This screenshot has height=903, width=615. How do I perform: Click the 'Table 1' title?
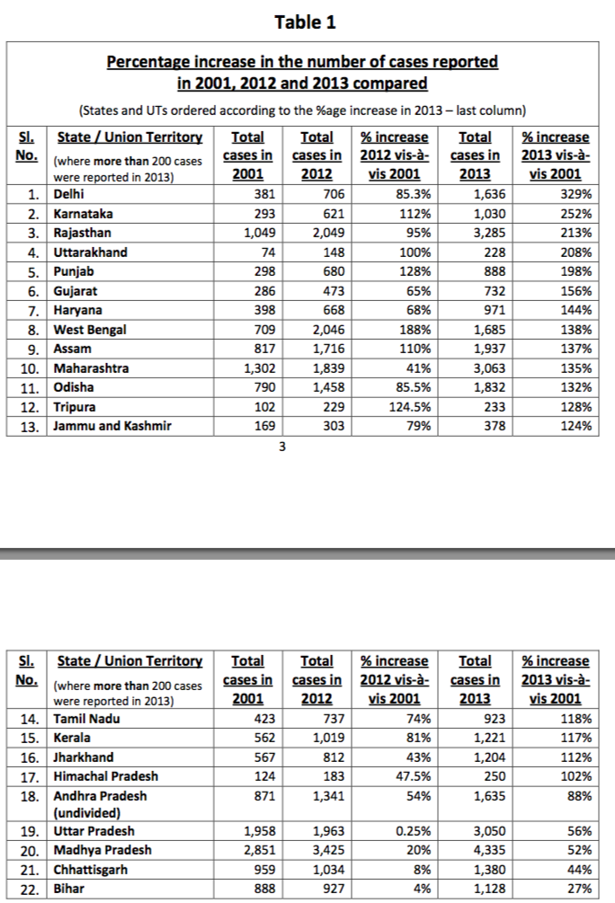point(306,22)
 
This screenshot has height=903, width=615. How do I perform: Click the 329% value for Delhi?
point(576,194)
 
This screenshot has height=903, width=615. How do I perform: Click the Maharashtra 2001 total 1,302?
point(257,368)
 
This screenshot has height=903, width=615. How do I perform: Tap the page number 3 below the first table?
point(281,449)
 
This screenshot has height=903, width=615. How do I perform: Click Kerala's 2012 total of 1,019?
point(325,738)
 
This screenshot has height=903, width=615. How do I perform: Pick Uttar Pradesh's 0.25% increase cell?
point(410,831)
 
